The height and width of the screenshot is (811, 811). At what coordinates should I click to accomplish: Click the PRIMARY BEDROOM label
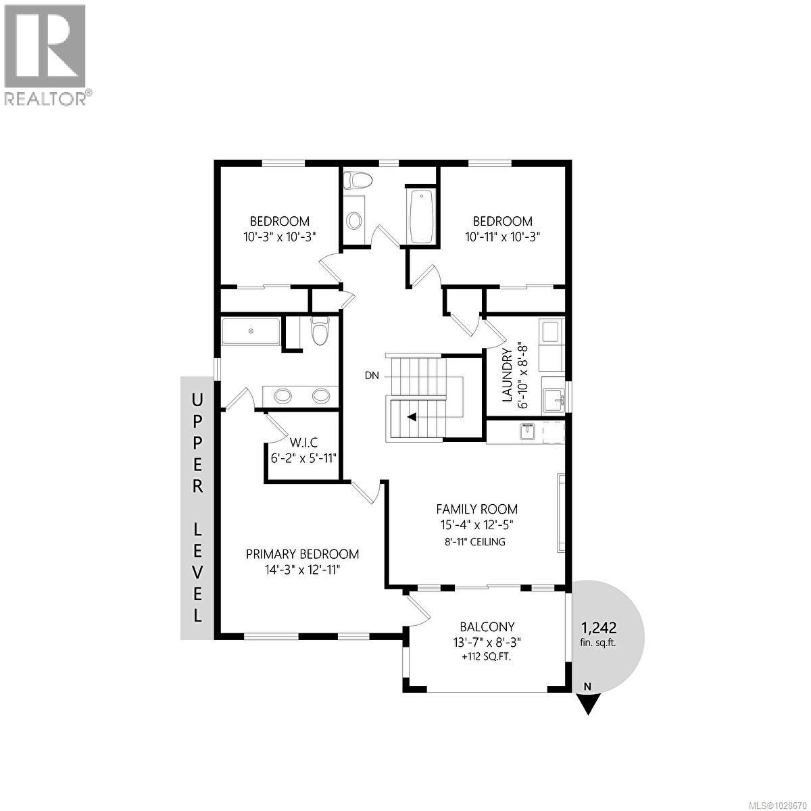pos(302,554)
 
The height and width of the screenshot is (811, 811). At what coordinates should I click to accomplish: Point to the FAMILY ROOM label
pos(476,509)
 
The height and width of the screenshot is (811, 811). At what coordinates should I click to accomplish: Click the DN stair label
pos(372,375)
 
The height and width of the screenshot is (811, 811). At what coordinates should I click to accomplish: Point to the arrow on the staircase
pos(411,418)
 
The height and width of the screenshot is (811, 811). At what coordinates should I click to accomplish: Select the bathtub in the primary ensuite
pos(251,331)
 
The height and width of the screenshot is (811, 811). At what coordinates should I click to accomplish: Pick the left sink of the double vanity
pos(283,395)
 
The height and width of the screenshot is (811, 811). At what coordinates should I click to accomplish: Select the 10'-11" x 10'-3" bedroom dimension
pos(502,237)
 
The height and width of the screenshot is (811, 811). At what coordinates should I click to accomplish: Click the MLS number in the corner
pos(777,802)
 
